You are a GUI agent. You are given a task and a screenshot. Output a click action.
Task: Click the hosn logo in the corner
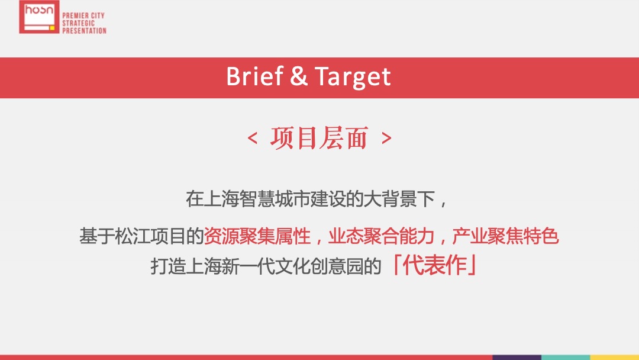pos(39,17)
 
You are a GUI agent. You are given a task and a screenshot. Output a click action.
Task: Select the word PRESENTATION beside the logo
pos(84,30)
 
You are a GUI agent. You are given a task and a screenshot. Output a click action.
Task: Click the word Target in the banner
pos(353,78)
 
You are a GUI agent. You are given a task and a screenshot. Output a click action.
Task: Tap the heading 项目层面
pos(319,138)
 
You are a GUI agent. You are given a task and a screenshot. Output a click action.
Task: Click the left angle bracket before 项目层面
pos(253,139)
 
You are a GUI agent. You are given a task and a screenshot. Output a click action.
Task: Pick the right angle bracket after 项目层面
pos(386,139)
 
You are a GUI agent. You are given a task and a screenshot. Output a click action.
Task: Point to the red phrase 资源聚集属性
pos(257,237)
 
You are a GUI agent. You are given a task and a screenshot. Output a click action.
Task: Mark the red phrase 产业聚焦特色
pos(505,237)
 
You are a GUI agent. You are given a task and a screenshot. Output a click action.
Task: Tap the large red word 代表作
pos(435,266)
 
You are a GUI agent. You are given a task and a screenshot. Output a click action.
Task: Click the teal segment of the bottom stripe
pos(566,357)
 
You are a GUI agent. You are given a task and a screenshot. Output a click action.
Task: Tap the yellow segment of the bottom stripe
pos(615,357)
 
